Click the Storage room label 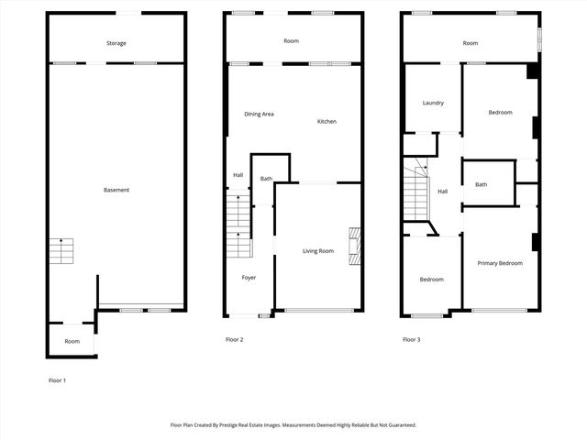tap(116, 43)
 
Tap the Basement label tap(116, 190)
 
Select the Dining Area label tap(259, 114)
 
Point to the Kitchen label tap(327, 122)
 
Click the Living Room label tap(318, 251)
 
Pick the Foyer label tap(249, 277)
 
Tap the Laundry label tap(433, 103)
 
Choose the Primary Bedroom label tap(500, 263)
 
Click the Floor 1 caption tap(58, 379)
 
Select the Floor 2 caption tap(235, 340)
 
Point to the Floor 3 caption tap(411, 340)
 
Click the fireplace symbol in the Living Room tap(353, 246)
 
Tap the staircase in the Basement tap(61, 250)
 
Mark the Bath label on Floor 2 tap(266, 179)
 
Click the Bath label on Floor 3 tap(481, 185)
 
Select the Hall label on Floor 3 tap(442, 192)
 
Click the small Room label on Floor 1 tap(72, 341)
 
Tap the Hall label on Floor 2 tap(238, 175)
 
